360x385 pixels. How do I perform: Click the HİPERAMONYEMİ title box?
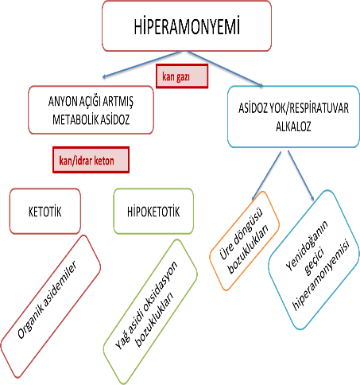pos(187,26)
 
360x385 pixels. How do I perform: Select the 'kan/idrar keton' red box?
pos(91,160)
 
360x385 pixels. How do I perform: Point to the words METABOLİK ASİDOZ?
pos(91,119)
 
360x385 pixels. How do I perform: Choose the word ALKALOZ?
pos(293,126)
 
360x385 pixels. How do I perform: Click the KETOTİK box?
pos(45,212)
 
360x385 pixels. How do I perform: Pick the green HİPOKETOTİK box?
pos(153,212)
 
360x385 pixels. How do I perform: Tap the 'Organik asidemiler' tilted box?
pos(50,306)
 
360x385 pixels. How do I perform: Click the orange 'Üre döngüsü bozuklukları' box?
pos(244,241)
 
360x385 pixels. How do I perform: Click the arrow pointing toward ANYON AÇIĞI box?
pos(142,64)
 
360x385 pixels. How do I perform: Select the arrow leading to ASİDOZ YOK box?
pos(225,69)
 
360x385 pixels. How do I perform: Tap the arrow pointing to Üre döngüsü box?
pos(266,176)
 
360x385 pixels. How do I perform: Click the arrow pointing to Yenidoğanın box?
pos(301,175)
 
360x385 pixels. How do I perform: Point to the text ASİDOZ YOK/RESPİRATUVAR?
pos(293,108)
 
